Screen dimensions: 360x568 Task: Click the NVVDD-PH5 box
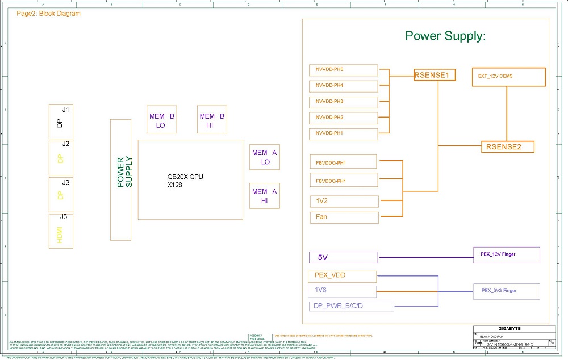coord(344,70)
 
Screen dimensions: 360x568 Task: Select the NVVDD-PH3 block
coord(344,102)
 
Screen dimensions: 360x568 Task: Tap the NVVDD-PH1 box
coord(344,134)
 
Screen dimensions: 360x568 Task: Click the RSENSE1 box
coord(435,74)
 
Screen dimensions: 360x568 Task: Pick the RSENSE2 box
coord(508,146)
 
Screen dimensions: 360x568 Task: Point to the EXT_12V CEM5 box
coord(508,77)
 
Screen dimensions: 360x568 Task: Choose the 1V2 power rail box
coord(344,201)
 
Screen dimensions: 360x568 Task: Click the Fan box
coord(344,217)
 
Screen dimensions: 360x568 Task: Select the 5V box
coord(343,257)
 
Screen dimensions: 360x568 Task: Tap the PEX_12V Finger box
coord(506,254)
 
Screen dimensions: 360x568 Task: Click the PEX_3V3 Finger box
coord(506,291)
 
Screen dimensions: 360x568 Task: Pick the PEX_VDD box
coord(343,276)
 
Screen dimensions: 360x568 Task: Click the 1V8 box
coord(343,291)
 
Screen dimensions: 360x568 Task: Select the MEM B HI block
coord(212,120)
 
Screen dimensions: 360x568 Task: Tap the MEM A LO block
coord(265,157)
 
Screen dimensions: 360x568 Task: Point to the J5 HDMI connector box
coord(61,231)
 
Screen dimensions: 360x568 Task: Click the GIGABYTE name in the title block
coord(509,329)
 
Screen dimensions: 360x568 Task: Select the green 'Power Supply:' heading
coord(445,36)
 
